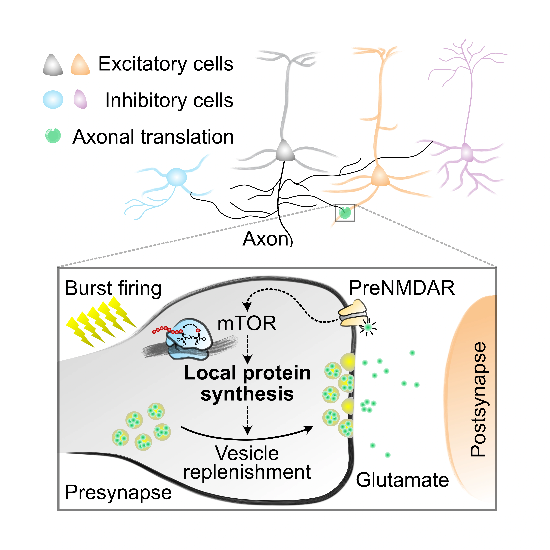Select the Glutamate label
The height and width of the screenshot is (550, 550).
(x=402, y=480)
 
